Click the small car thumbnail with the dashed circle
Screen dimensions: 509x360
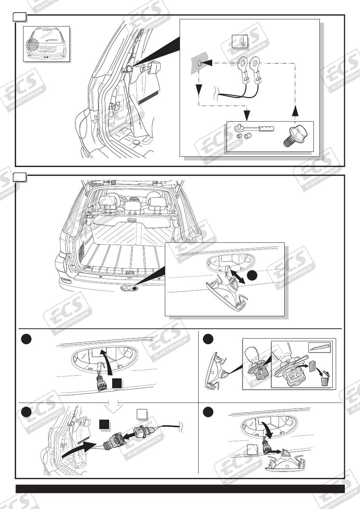(x=46, y=44)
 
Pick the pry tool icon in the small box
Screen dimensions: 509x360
(x=320, y=346)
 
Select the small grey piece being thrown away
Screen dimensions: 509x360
(x=312, y=366)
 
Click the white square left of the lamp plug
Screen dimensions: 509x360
(x=252, y=450)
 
